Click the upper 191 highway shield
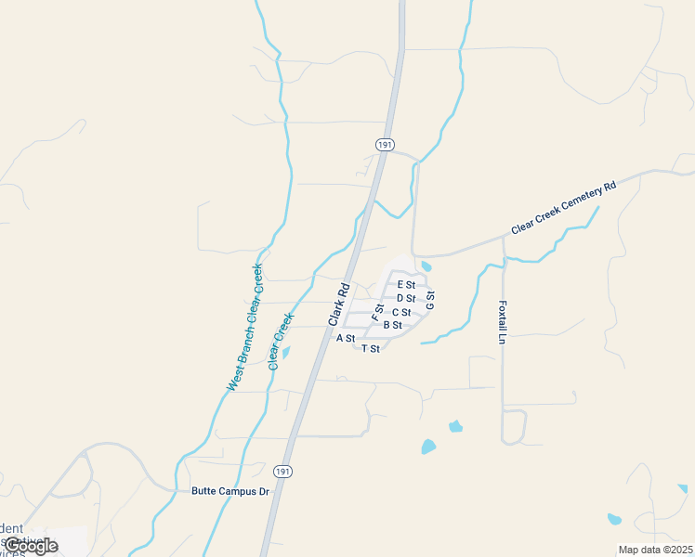pyautogui.click(x=386, y=145)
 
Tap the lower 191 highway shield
pyautogui.click(x=283, y=472)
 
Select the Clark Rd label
pyautogui.click(x=337, y=303)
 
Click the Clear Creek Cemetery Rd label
pyautogui.click(x=563, y=208)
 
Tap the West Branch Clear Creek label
pyautogui.click(x=245, y=327)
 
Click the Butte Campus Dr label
pyautogui.click(x=230, y=491)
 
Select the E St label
pyautogui.click(x=406, y=284)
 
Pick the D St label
pyautogui.click(x=405, y=298)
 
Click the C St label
pyautogui.click(x=401, y=312)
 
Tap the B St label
pyautogui.click(x=392, y=325)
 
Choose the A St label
pyautogui.click(x=346, y=338)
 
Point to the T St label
pyautogui.click(x=371, y=348)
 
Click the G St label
pyautogui.click(x=430, y=300)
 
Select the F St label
pyautogui.click(x=377, y=312)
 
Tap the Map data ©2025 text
pyautogui.click(x=656, y=550)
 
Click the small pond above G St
pyautogui.click(x=426, y=266)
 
